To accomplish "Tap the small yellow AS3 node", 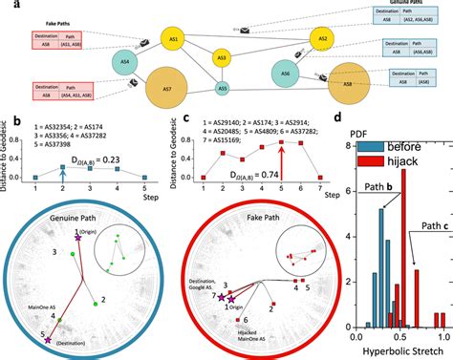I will (222, 58).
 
